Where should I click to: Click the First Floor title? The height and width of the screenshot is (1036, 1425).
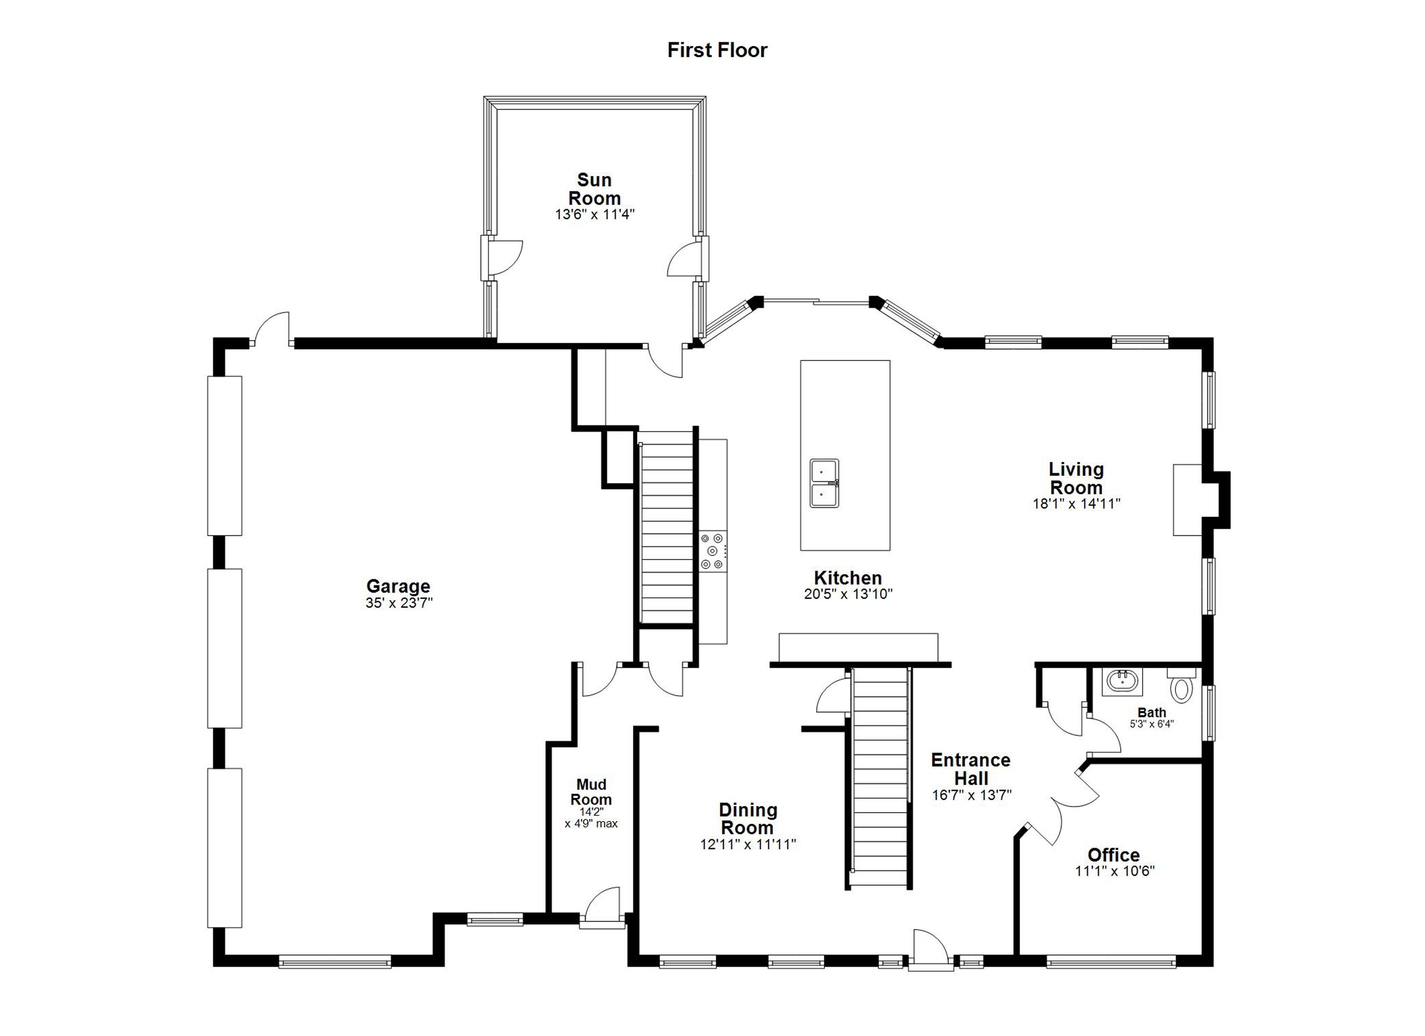[717, 50]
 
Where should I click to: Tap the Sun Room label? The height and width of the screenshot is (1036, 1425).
[594, 189]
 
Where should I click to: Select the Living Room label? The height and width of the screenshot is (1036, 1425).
[1076, 478]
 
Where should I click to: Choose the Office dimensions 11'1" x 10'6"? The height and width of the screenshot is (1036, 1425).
[1115, 871]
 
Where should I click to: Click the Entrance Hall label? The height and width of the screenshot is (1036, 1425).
[971, 769]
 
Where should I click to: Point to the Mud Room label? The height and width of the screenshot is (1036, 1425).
[591, 792]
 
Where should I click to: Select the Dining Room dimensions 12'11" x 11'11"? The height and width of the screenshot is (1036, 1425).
[748, 844]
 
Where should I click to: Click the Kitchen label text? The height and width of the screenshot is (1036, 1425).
[847, 578]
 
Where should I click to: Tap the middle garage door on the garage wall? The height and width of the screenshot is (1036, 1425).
[225, 648]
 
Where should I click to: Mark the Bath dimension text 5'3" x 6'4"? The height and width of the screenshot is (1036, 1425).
[1152, 724]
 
